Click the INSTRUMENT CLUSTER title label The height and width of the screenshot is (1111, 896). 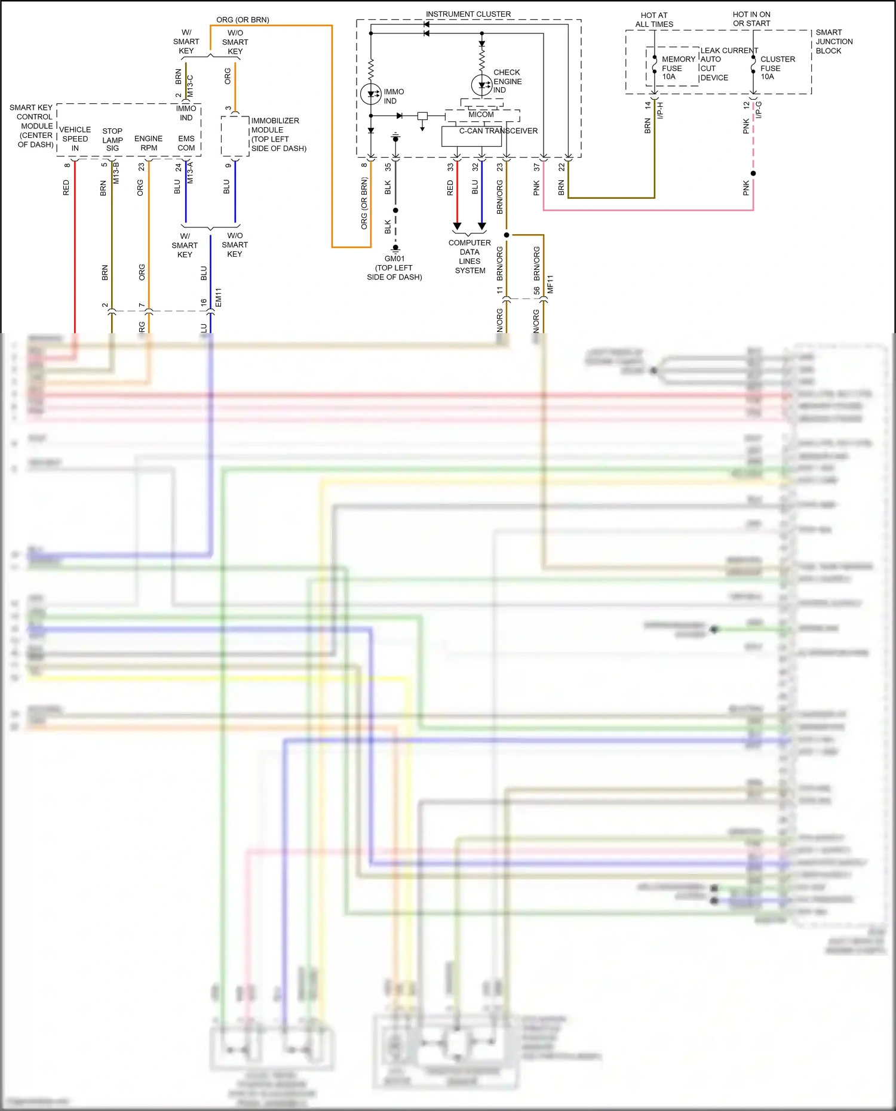(x=468, y=14)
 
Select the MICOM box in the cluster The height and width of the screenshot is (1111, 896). (x=481, y=115)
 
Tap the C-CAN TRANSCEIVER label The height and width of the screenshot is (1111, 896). (x=498, y=131)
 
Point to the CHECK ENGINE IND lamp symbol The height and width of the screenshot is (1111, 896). (x=481, y=85)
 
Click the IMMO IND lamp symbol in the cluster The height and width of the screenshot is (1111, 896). (x=371, y=94)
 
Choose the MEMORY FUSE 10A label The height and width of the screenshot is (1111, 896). (x=678, y=68)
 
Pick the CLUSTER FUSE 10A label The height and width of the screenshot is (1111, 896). (x=777, y=68)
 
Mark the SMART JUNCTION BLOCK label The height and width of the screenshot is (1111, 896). (x=834, y=42)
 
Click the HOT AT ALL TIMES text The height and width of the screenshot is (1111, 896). (x=654, y=20)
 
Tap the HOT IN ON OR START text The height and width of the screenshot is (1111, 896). (x=751, y=19)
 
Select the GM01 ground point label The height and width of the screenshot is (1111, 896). (x=394, y=258)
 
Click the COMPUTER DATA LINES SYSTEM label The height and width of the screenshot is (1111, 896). (x=470, y=257)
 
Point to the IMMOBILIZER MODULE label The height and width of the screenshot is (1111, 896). (x=278, y=134)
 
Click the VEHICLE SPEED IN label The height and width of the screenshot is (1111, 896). (x=75, y=139)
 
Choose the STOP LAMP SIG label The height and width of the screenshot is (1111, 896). (x=112, y=140)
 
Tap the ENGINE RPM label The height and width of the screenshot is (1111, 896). (x=149, y=143)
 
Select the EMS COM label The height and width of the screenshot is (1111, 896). (x=186, y=143)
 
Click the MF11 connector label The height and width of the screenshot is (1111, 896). (x=550, y=284)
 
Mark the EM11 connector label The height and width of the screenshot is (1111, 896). (x=219, y=297)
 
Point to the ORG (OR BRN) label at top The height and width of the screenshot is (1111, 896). (x=243, y=20)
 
